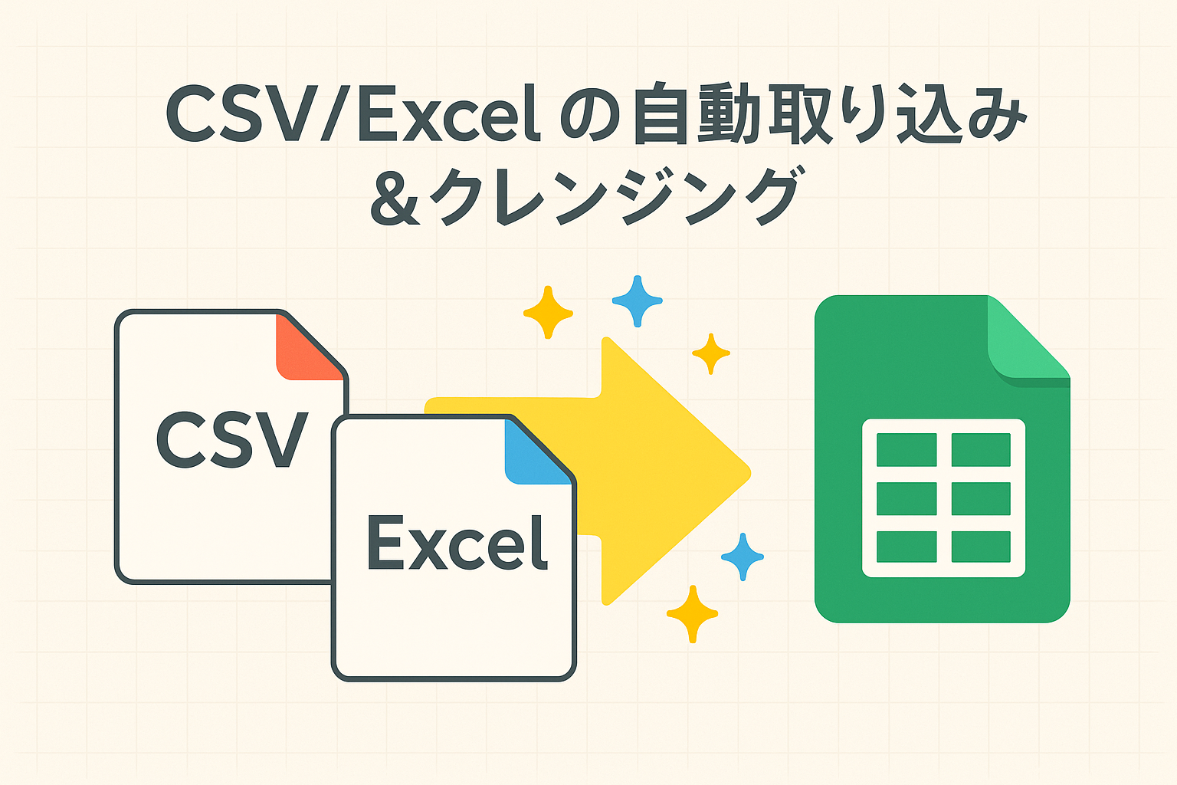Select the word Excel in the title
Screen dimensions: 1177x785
(x=449, y=113)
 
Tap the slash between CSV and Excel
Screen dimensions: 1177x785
(x=337, y=113)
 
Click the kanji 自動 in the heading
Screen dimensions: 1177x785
(x=695, y=113)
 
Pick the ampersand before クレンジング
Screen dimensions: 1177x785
(x=395, y=198)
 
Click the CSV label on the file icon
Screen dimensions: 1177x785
(x=231, y=439)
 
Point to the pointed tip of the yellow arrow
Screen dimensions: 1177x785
(x=750, y=473)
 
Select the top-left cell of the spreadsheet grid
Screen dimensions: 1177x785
(x=907, y=449)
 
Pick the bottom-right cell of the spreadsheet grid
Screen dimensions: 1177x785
(x=981, y=547)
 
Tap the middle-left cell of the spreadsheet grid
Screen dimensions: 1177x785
(x=907, y=498)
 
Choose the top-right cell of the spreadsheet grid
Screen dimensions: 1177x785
(x=981, y=449)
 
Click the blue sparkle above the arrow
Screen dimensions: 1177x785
(x=637, y=301)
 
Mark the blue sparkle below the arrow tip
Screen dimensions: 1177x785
(x=742, y=557)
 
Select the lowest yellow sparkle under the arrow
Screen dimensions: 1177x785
(x=692, y=613)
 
